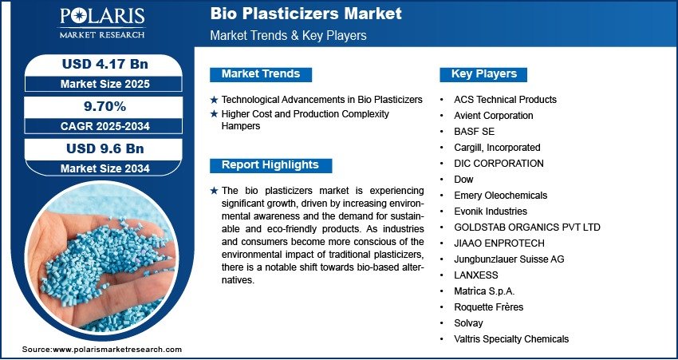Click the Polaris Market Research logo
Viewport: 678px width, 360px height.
[102, 22]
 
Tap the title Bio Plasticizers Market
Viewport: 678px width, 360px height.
[306, 14]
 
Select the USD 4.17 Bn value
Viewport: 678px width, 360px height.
[105, 64]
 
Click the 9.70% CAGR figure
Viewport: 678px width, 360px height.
[104, 106]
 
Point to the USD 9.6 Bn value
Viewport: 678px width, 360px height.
[105, 148]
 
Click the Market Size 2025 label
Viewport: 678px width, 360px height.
[105, 84]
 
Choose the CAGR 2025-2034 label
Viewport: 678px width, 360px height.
[105, 126]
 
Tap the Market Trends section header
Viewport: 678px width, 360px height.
[261, 74]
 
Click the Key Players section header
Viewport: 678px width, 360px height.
[484, 74]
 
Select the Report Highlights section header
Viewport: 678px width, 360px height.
[270, 165]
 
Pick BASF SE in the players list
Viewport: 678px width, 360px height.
[474, 132]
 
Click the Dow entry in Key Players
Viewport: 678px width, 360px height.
[463, 180]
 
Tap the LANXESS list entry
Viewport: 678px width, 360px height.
[476, 275]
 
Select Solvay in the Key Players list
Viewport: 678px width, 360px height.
[468, 323]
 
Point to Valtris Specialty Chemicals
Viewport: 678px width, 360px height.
[511, 339]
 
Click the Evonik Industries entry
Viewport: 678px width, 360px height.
[491, 212]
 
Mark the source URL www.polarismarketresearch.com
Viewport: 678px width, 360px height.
[117, 350]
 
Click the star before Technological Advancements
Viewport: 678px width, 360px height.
[214, 100]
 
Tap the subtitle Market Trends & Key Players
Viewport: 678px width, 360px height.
[288, 35]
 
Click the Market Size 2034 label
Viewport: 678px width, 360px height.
[105, 168]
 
